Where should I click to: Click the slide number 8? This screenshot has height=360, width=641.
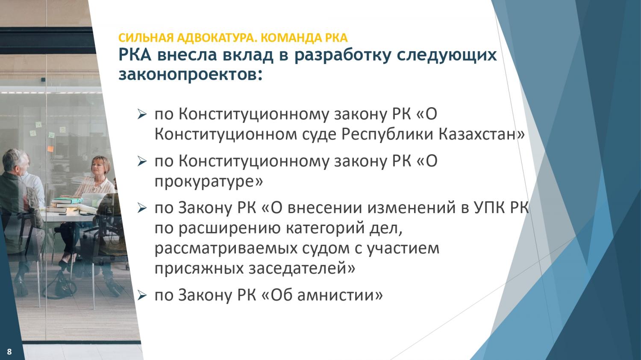(x=9, y=351)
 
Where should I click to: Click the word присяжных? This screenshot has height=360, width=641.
(x=199, y=269)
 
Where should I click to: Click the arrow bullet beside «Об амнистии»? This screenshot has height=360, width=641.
(x=142, y=296)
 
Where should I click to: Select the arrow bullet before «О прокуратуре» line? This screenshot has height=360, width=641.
(x=142, y=161)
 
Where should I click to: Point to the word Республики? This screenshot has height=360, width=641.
(x=387, y=134)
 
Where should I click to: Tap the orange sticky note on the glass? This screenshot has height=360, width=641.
(x=50, y=149)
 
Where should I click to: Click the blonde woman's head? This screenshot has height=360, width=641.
(x=100, y=165)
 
